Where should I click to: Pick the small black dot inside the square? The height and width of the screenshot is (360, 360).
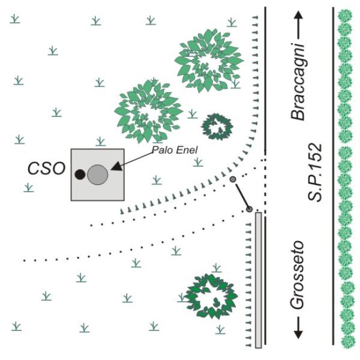pos(80,175)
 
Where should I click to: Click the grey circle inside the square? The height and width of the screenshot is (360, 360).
pos(97,175)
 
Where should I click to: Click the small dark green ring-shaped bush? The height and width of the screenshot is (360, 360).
pos(217,126)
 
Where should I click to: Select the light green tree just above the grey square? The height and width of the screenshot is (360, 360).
pos(149,108)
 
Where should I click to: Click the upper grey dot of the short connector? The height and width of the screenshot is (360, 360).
pos(233,179)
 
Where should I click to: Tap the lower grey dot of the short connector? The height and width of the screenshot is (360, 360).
pos(249,209)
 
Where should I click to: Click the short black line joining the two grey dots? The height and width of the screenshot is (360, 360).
pos(241,194)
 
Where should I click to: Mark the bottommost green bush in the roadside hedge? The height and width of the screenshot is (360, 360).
pos(346,343)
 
